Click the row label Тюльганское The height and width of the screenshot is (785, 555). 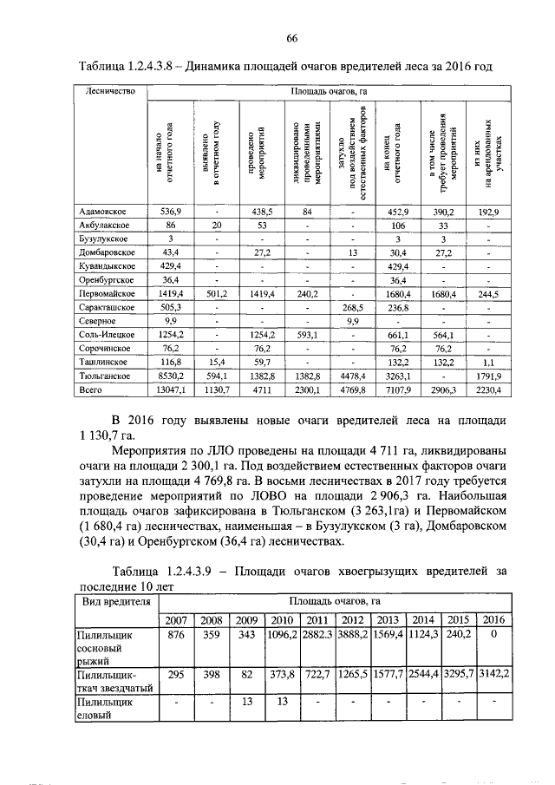point(105,376)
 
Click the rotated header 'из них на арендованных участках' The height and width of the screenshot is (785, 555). point(487,152)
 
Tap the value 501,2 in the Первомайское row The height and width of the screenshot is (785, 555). point(217,294)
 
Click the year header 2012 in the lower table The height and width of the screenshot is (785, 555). point(352,619)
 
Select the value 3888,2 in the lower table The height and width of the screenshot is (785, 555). point(352,635)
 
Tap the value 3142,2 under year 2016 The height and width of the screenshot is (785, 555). point(493,672)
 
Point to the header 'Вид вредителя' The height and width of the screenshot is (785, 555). point(114,600)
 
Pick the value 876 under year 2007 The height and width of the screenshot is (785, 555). point(177,635)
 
